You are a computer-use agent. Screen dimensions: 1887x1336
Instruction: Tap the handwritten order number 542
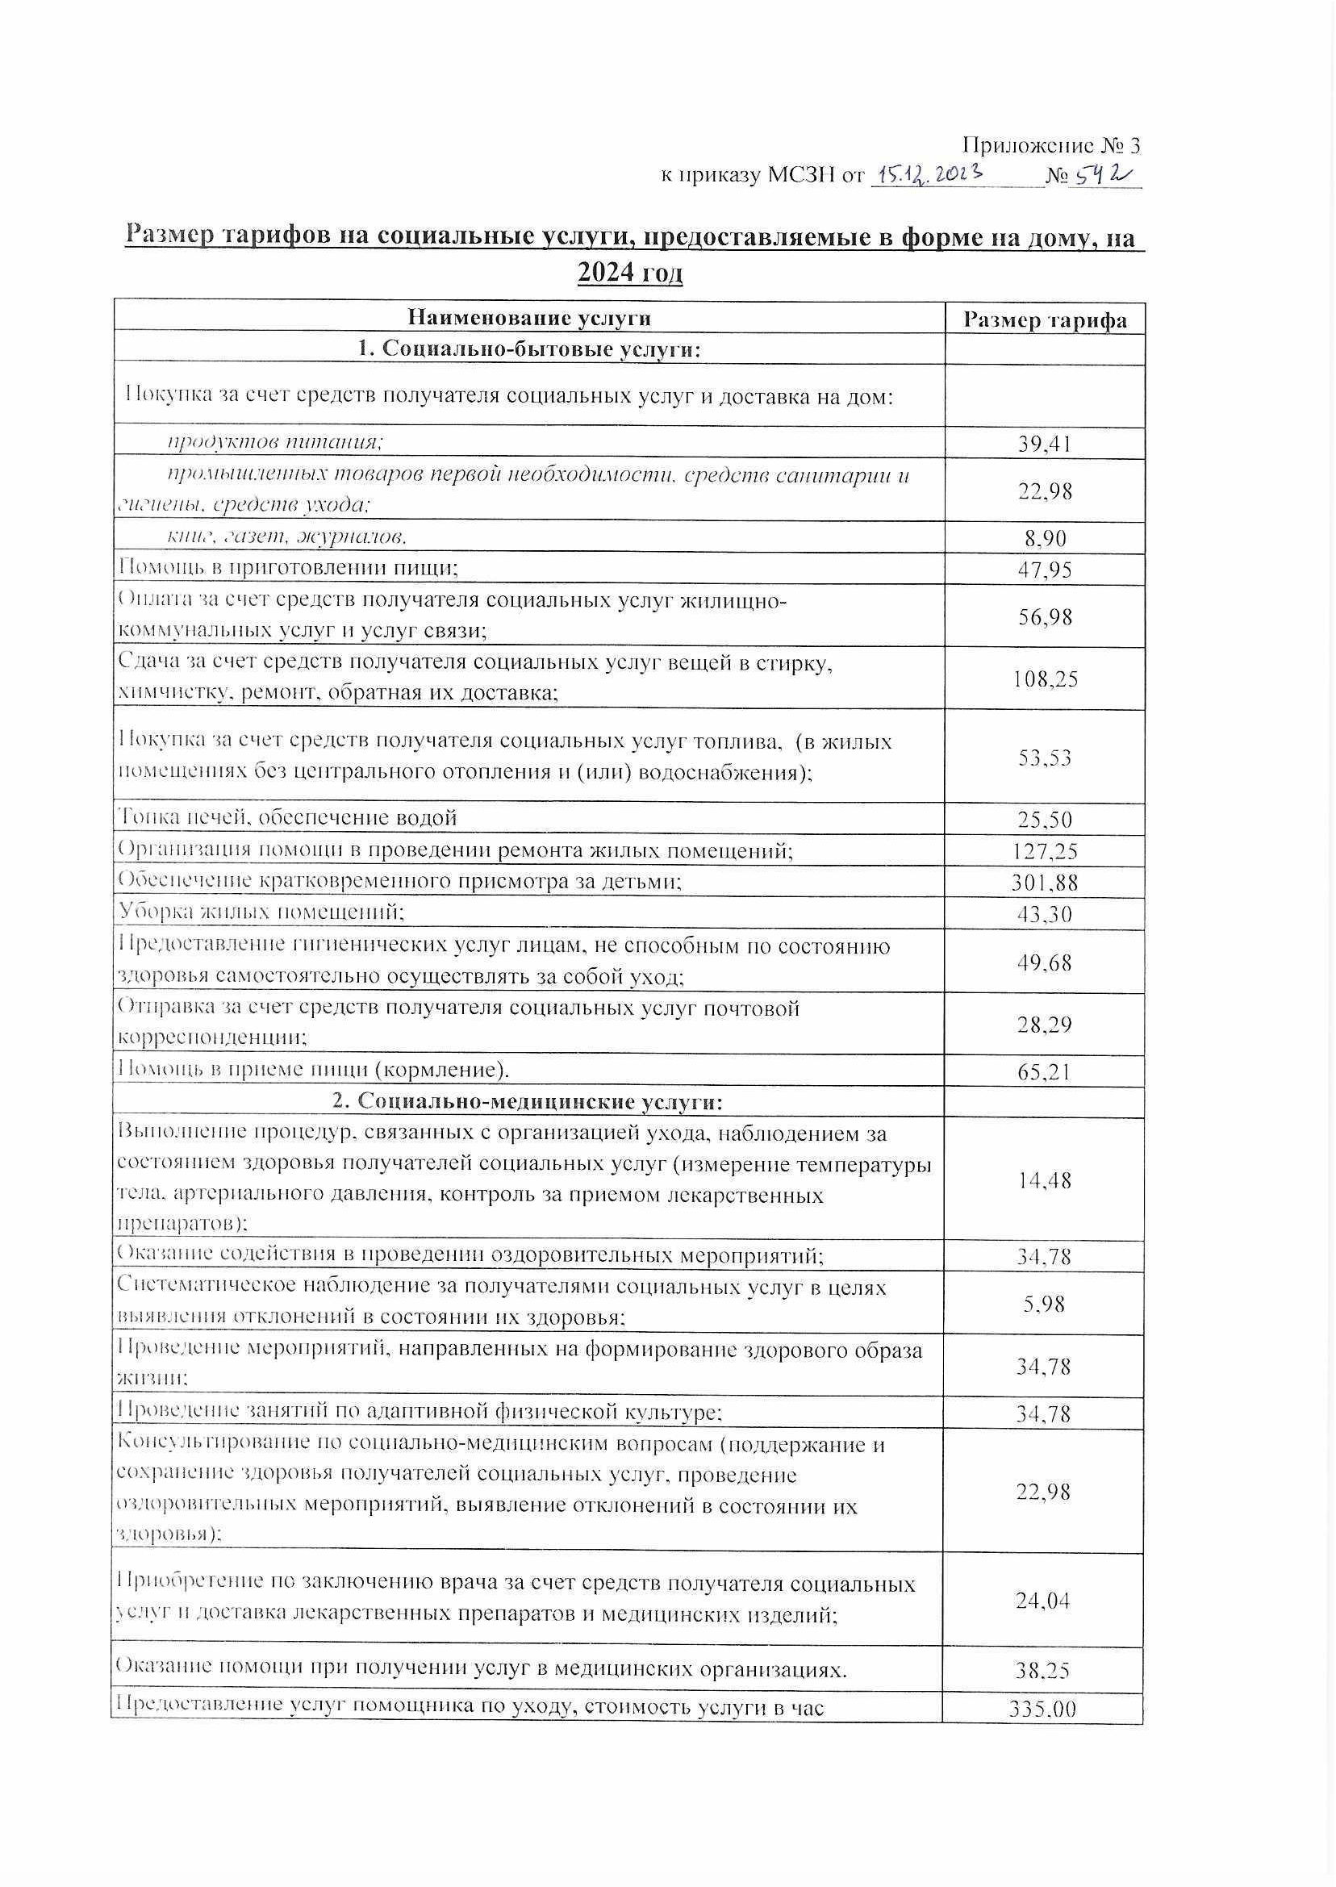tap(1102, 174)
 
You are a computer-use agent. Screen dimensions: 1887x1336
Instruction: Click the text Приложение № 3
tap(1050, 145)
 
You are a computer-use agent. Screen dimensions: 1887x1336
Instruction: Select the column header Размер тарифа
tap(1045, 320)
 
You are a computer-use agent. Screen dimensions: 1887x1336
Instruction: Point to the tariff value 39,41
tap(1045, 445)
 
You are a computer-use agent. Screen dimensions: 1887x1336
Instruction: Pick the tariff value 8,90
tap(1045, 539)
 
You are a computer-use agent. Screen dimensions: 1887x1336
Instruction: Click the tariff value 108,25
tap(1045, 678)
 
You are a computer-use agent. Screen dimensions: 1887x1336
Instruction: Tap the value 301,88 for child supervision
tap(1045, 883)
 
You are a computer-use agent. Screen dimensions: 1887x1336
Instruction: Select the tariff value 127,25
tap(1045, 851)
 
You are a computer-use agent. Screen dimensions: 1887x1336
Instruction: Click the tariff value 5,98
tap(1045, 1304)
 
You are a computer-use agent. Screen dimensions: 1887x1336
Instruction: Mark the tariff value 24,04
tap(1043, 1600)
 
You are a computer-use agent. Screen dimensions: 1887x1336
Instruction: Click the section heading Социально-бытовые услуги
tap(529, 349)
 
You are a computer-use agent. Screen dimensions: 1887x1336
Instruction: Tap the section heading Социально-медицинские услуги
tap(529, 1102)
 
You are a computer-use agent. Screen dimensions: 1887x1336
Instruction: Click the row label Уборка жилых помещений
tap(261, 912)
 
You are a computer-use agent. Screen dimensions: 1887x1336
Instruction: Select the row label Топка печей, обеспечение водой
tap(287, 817)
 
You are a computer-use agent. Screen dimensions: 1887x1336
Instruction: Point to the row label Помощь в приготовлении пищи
tap(288, 568)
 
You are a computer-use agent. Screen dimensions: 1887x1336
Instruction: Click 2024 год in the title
tap(630, 272)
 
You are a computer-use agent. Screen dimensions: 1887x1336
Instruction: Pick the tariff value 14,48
tap(1043, 1180)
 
